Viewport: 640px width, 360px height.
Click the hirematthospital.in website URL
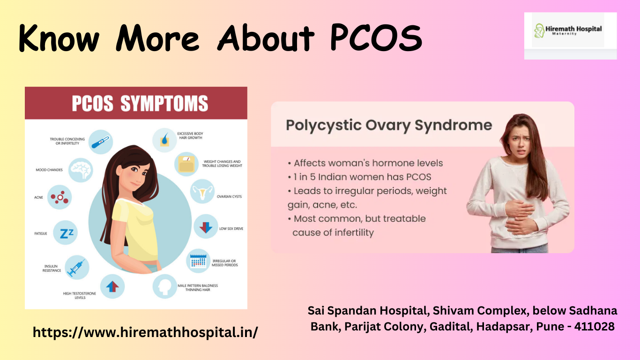pos(145,332)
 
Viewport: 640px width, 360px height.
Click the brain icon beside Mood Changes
pos(80,170)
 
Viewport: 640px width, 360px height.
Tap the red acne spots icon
pos(60,197)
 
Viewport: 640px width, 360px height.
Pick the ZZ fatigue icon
pos(65,233)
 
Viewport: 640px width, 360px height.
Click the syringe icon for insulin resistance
pos(76,267)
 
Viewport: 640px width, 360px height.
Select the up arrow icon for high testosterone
pos(112,286)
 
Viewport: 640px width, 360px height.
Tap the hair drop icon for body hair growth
pos(164,139)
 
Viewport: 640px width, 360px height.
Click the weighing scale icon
pos(186,164)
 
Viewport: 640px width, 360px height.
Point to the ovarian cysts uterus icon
pos(202,192)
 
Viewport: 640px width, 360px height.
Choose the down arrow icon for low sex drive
pos(206,227)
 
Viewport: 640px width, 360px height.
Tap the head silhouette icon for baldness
pos(165,286)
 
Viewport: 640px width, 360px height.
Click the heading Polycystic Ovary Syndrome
pos(389,125)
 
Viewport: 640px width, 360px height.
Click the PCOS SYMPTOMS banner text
pos(140,104)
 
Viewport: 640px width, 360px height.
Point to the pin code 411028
pos(594,327)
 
